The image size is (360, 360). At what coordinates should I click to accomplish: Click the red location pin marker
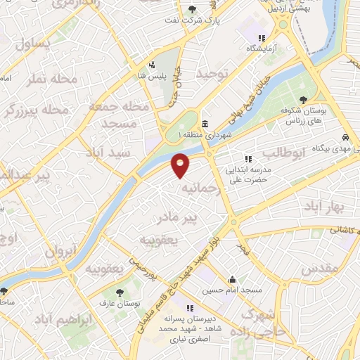(x=181, y=166)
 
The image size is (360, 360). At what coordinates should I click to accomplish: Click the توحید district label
(x=212, y=73)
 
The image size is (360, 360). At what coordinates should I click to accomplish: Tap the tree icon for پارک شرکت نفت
(x=193, y=9)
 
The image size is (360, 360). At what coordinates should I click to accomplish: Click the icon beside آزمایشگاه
(x=262, y=39)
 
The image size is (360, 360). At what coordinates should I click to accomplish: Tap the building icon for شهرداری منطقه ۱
(x=204, y=124)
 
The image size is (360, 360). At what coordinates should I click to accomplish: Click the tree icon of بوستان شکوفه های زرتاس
(x=303, y=100)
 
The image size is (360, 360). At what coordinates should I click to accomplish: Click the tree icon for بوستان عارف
(x=118, y=290)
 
